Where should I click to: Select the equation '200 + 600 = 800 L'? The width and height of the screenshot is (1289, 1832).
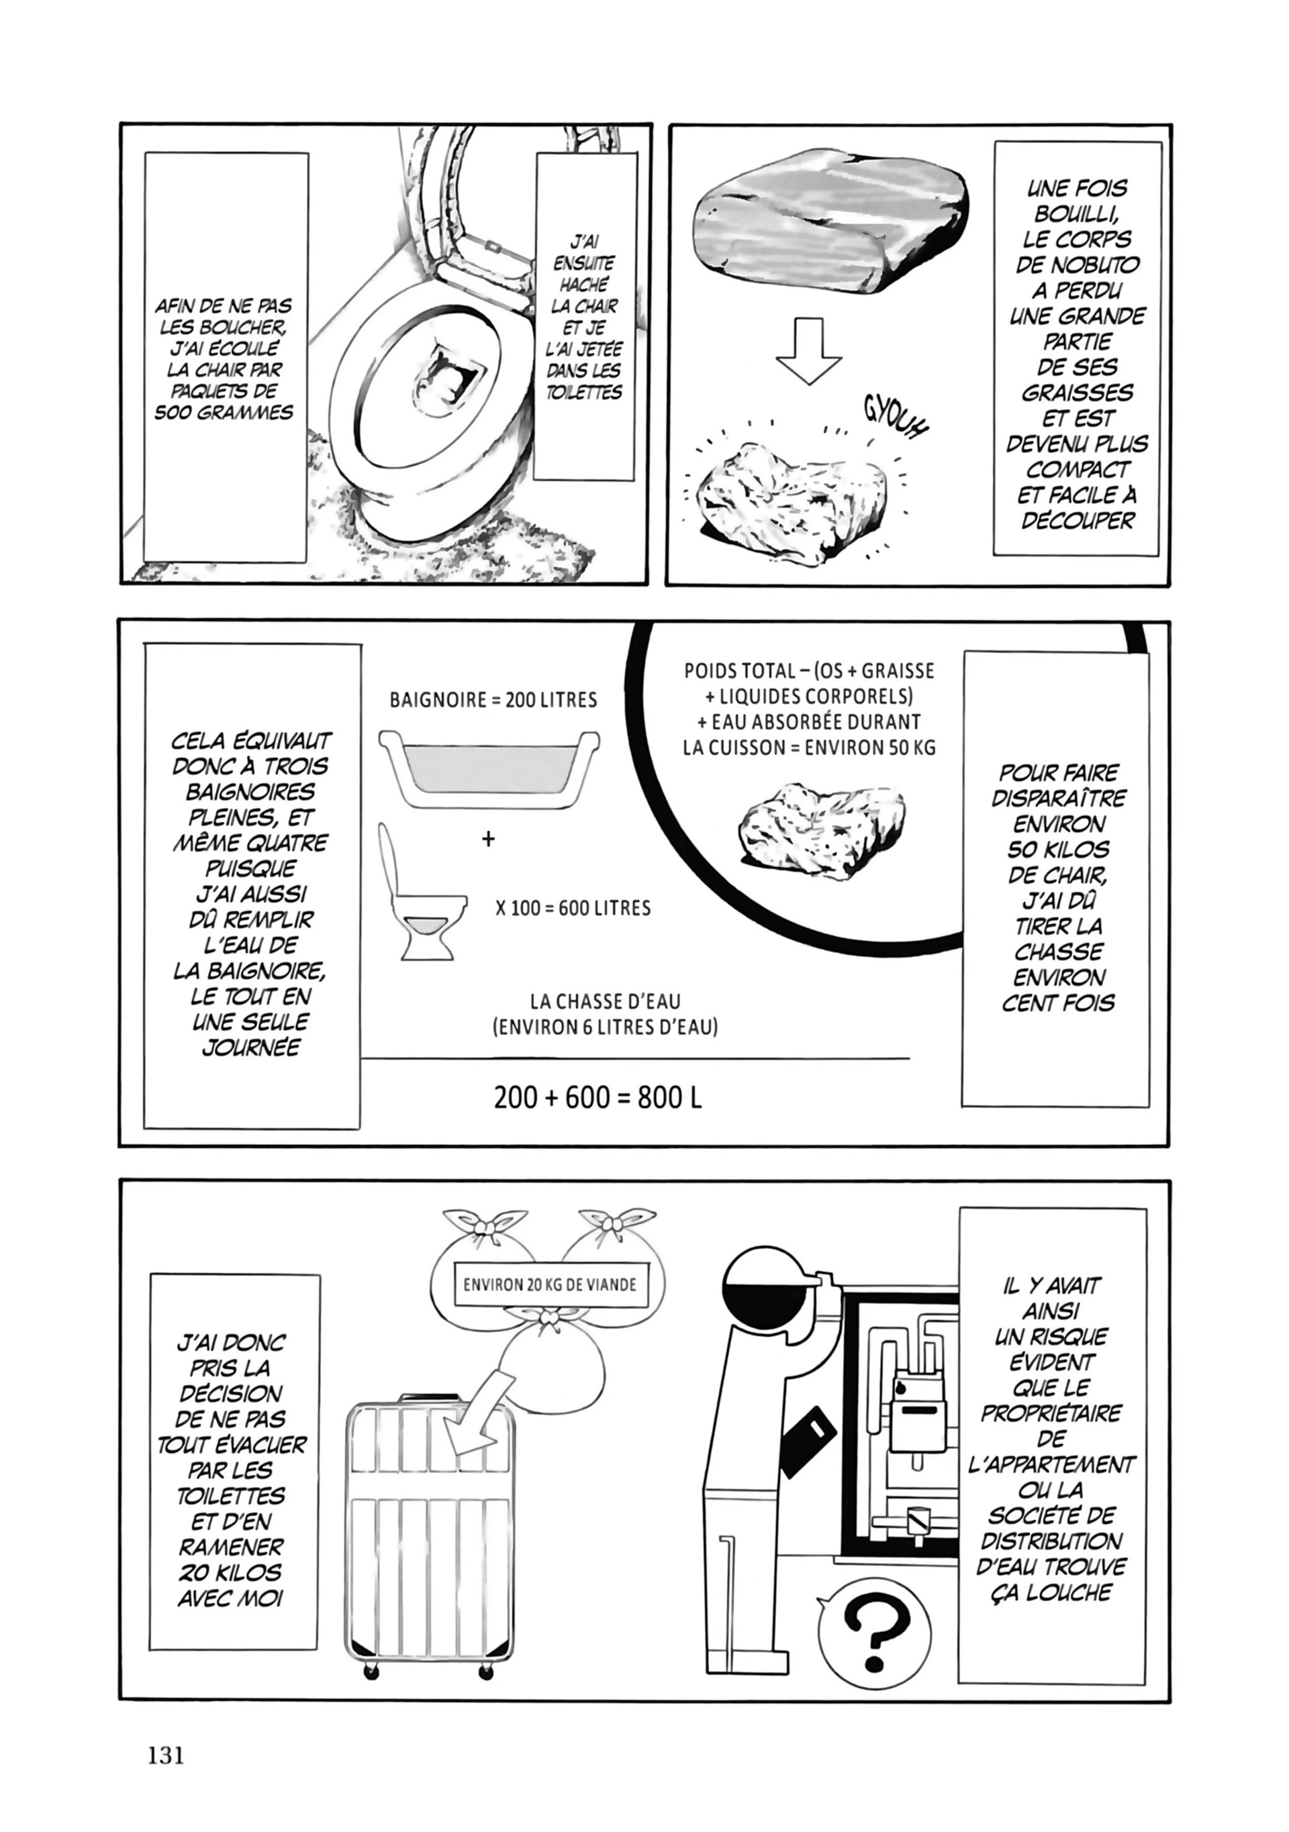(x=598, y=1098)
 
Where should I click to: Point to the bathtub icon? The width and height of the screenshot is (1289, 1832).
(x=489, y=765)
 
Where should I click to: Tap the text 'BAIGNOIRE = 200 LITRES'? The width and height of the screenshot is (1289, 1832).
(x=493, y=700)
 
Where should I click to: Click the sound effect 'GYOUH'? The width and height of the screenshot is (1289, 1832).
(x=897, y=417)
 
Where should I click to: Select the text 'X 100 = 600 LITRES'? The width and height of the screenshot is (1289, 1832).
(x=573, y=908)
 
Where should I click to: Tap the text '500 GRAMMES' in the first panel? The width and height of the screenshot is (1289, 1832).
(x=224, y=413)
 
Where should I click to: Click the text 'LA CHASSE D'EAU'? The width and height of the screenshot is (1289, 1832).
(x=605, y=1001)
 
